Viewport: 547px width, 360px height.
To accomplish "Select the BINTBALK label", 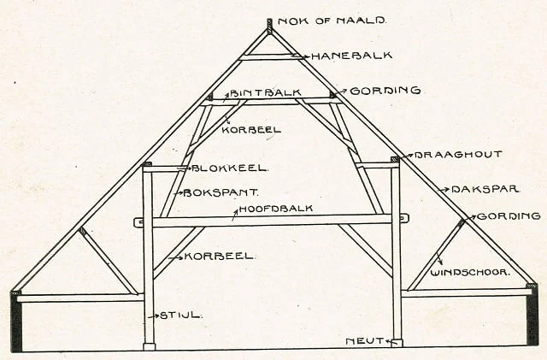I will pos(256,92).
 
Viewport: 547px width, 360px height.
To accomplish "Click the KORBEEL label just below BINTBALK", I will pos(247,129).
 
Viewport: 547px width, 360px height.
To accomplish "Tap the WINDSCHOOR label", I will pos(470,272).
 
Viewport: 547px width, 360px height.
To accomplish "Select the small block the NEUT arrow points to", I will pos(397,343).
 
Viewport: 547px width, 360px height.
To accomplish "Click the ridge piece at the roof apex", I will pos(269,27).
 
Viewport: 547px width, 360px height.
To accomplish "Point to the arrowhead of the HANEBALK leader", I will pos(296,57).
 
